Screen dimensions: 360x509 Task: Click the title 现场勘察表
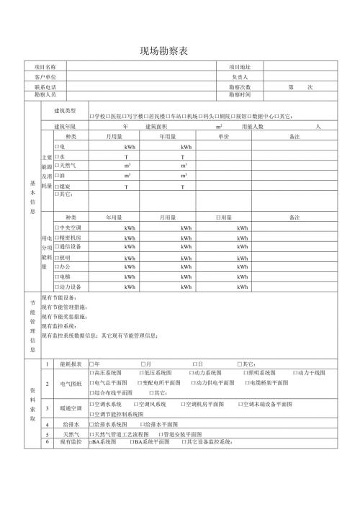(168, 52)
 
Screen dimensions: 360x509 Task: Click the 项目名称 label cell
(45, 66)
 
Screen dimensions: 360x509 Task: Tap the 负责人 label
(239, 76)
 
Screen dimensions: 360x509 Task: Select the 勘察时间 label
(239, 94)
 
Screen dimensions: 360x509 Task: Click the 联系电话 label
(45, 86)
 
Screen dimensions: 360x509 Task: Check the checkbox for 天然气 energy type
(57, 166)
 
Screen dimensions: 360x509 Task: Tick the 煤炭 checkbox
(57, 186)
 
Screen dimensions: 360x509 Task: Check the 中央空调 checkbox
(57, 228)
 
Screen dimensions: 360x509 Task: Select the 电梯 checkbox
(57, 276)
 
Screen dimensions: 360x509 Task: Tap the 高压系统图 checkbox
(91, 373)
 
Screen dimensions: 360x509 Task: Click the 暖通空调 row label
(71, 409)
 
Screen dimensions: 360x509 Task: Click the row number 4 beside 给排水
(48, 425)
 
